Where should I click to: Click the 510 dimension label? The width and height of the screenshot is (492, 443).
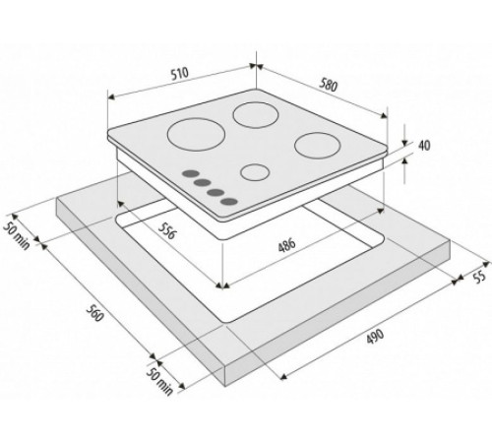tap(180, 73)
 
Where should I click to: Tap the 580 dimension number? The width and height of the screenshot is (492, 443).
tap(328, 85)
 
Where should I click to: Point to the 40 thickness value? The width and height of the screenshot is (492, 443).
tap(424, 145)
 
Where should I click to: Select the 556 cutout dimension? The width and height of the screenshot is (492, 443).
tap(167, 230)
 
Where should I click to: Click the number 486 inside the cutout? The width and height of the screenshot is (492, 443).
tap(286, 245)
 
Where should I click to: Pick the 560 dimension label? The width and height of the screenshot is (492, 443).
tap(94, 313)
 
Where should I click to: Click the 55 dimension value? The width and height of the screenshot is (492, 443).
tap(479, 277)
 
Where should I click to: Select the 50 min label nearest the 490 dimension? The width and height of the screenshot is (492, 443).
tap(159, 381)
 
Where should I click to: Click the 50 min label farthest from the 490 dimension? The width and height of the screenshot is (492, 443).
tap(17, 235)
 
